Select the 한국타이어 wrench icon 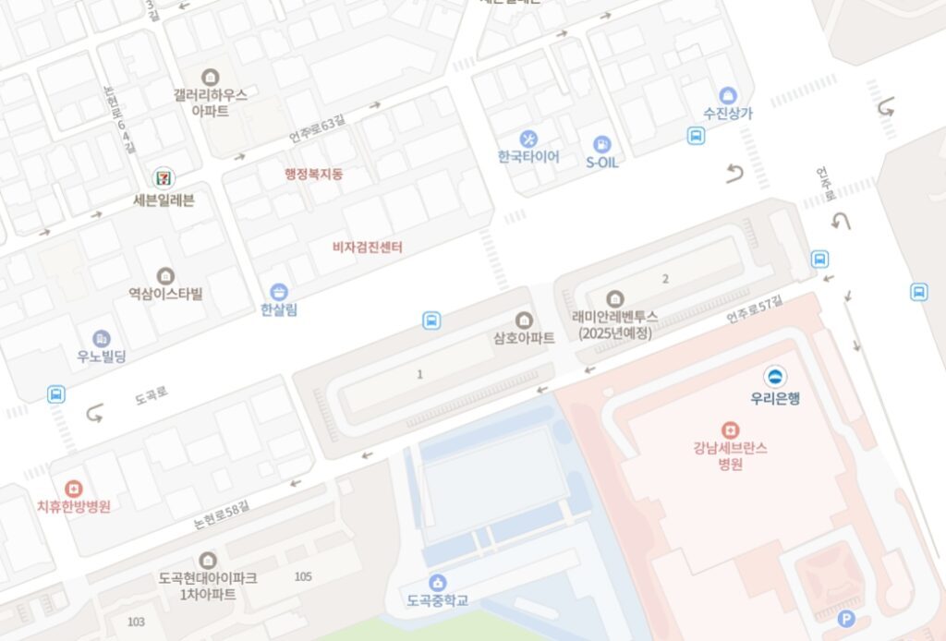(528, 139)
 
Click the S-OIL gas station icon (602, 144)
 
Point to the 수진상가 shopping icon (728, 95)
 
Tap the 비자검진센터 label (368, 248)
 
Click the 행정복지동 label (313, 174)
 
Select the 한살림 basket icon (279, 292)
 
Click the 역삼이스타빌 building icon (165, 275)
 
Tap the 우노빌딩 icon (102, 338)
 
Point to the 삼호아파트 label (524, 339)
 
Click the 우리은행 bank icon (775, 376)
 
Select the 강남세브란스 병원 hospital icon (731, 429)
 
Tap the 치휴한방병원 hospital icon (73, 488)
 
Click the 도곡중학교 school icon (438, 582)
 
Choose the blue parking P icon (845, 620)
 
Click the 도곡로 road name (152, 395)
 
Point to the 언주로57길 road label (754, 308)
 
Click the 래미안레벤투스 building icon (614, 298)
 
